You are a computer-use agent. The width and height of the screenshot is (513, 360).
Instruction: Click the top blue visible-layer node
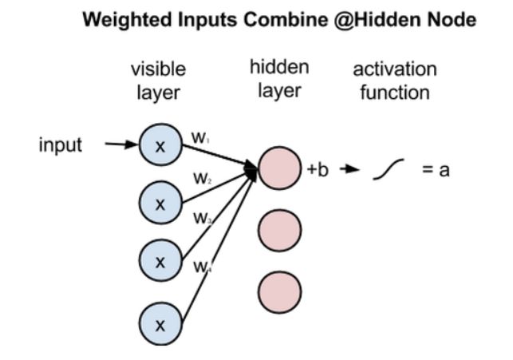(160, 145)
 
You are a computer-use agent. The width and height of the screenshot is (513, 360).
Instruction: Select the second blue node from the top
(160, 203)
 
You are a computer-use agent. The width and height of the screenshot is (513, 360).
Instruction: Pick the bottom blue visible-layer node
(160, 325)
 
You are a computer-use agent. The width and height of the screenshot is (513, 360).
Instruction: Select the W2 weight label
(202, 177)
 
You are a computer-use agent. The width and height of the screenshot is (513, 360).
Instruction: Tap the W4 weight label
(201, 266)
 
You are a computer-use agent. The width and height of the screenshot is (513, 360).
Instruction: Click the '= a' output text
(436, 170)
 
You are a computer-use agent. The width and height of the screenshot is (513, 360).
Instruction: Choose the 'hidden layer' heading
(279, 78)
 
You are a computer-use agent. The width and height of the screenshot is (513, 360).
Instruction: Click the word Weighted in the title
(140, 25)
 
